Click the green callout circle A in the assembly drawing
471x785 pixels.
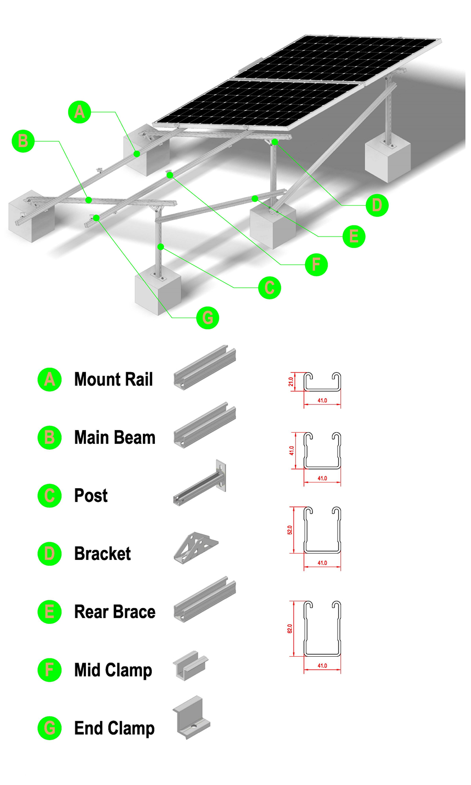point(80,112)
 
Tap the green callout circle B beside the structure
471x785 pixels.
point(23,141)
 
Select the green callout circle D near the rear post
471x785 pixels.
point(377,205)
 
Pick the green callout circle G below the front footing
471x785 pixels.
point(207,318)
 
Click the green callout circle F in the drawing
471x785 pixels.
point(316,265)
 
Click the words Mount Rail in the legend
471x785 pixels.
point(114,379)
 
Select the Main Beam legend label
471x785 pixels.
point(115,438)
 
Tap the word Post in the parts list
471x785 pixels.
point(91,496)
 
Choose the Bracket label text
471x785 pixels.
point(103,554)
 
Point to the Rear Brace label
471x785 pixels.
point(115,612)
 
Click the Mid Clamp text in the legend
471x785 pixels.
point(113,670)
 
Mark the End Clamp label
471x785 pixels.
point(114,728)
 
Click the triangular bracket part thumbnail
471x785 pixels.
point(196,548)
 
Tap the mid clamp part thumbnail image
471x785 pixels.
point(190,666)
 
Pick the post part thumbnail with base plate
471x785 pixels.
point(200,484)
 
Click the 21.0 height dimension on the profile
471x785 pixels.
point(291,382)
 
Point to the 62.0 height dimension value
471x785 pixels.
point(290,628)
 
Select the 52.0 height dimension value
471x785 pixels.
point(290,530)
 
